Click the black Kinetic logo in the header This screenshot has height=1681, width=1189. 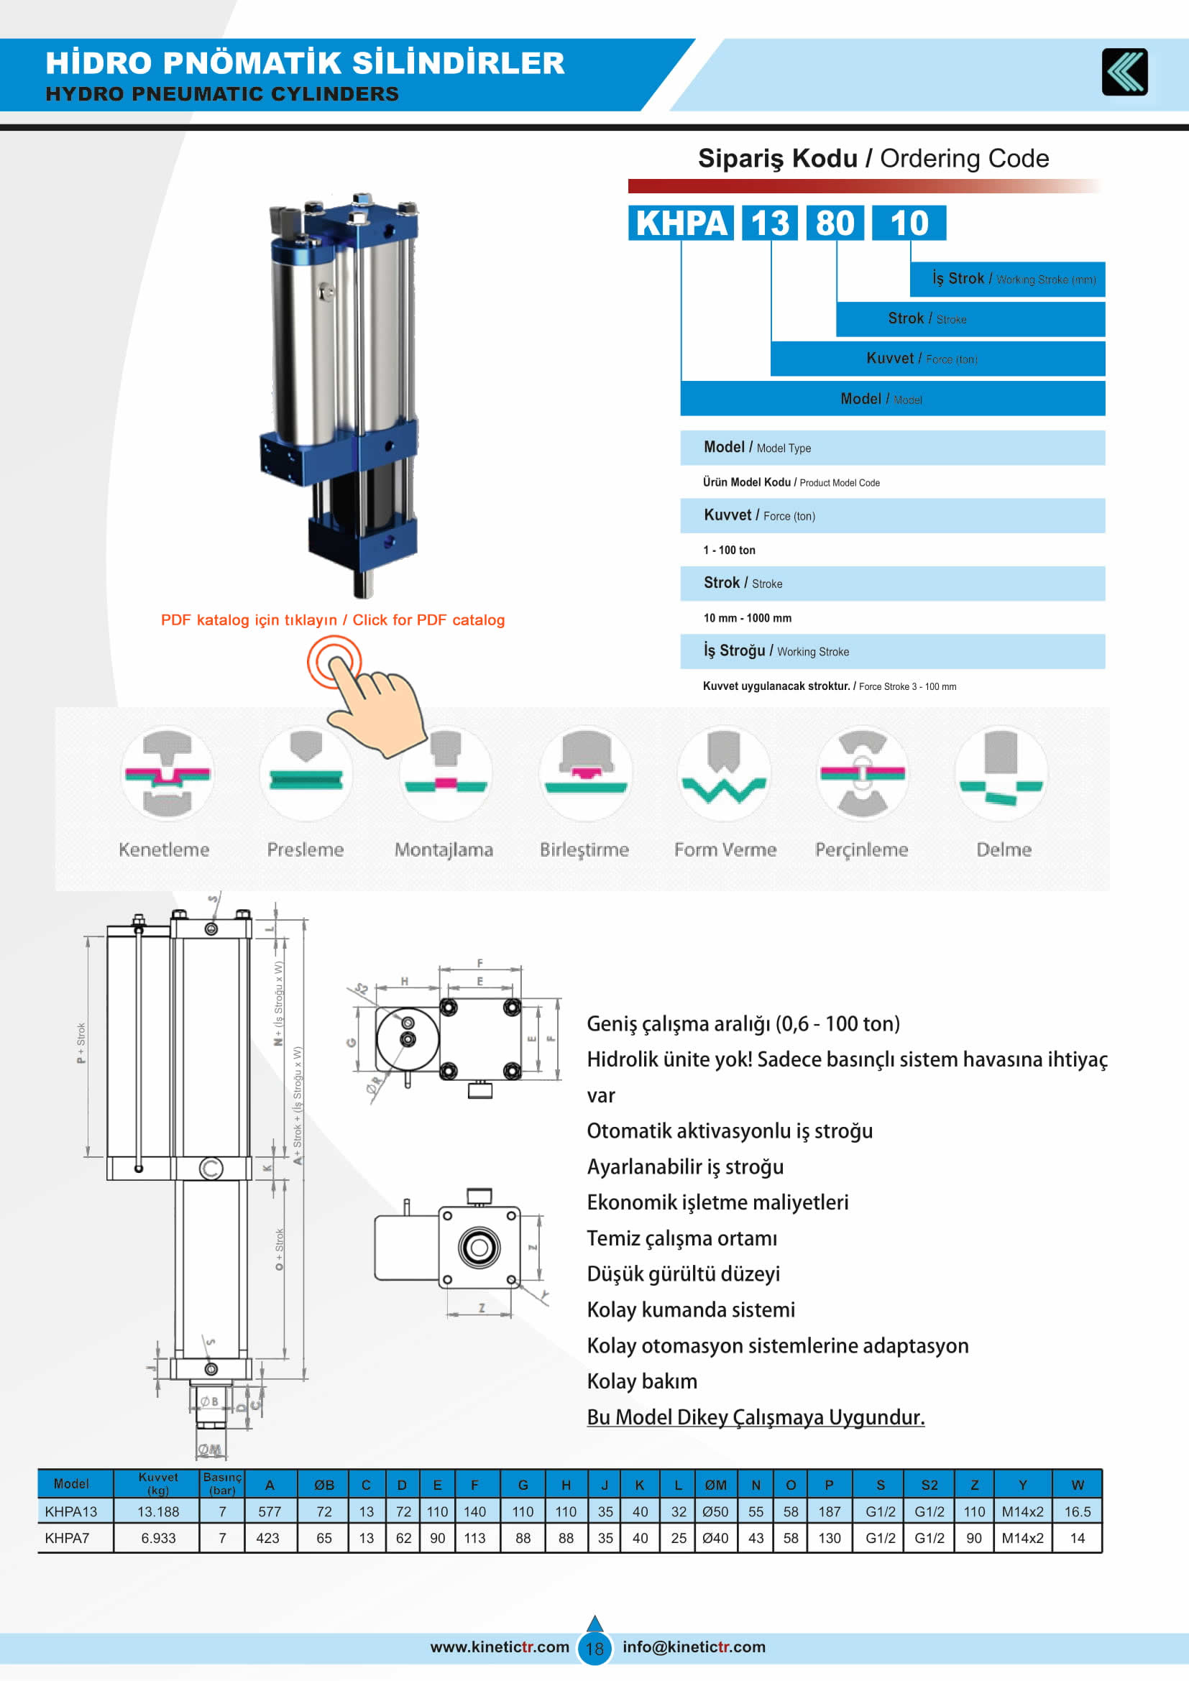pyautogui.click(x=1124, y=72)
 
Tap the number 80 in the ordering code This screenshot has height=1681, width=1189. pyautogui.click(x=835, y=224)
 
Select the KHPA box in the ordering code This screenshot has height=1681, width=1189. pyautogui.click(x=681, y=224)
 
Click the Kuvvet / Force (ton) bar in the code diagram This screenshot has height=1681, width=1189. pyautogui.click(x=937, y=359)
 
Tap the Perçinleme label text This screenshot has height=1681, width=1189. pyautogui.click(x=862, y=850)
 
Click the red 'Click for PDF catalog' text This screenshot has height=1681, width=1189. pyautogui.click(x=428, y=620)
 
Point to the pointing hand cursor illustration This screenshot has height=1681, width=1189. pyautogui.click(x=373, y=703)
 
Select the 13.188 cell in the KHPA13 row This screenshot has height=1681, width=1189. pyautogui.click(x=158, y=1512)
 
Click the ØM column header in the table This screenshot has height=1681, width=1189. pyautogui.click(x=715, y=1485)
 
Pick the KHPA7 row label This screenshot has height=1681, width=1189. pyautogui.click(x=68, y=1538)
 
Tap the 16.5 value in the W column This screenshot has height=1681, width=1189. pyautogui.click(x=1077, y=1512)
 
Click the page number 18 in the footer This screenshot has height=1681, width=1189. pyautogui.click(x=594, y=1649)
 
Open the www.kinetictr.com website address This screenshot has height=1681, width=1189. pyautogui.click(x=500, y=1647)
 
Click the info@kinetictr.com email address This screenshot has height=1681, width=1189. pyautogui.click(x=693, y=1647)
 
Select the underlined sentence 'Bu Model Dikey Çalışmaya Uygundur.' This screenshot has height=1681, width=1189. pyautogui.click(x=756, y=1417)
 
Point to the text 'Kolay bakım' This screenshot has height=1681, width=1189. pyautogui.click(x=642, y=1381)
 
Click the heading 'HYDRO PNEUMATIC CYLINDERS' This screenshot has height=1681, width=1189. pyautogui.click(x=223, y=94)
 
